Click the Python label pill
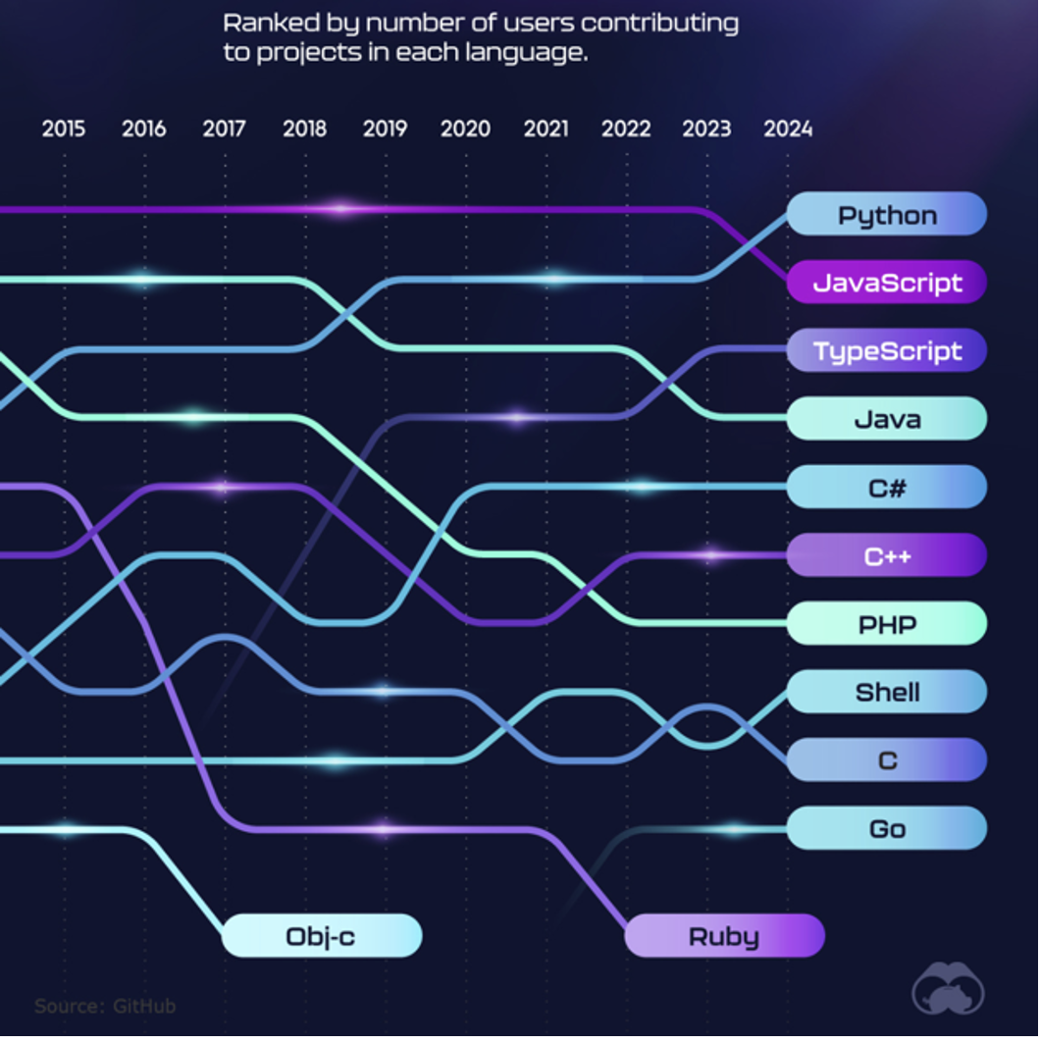[x=886, y=215]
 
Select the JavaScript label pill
[x=886, y=284]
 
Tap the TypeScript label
[x=886, y=351]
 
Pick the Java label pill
[x=886, y=420]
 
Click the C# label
[x=886, y=488]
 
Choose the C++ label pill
[x=886, y=556]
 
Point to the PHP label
[x=886, y=624]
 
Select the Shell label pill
[x=886, y=693]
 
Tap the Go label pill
[x=886, y=829]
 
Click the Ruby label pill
[x=724, y=936]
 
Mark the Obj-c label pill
[x=321, y=936]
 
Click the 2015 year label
[x=64, y=129]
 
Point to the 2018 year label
[x=304, y=129]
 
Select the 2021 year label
[x=546, y=129]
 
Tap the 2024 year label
[x=788, y=129]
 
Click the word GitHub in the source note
[x=143, y=1006]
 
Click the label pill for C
[x=886, y=760]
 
